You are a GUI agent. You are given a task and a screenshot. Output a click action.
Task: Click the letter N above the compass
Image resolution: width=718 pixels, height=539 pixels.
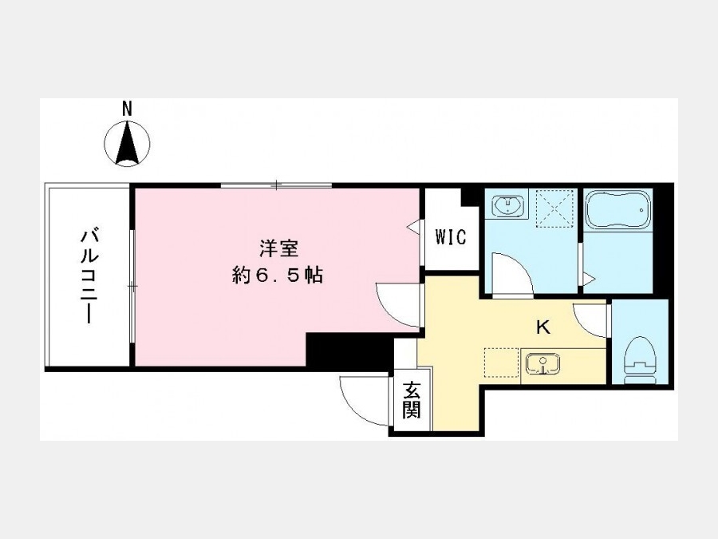click(x=127, y=109)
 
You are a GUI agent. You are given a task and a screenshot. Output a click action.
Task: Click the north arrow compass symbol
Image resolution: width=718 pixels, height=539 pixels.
click(x=128, y=143)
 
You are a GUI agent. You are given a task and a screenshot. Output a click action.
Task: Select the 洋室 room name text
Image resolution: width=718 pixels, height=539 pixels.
click(x=279, y=249)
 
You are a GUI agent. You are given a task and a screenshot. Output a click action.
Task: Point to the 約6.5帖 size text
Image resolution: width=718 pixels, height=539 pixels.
click(x=278, y=275)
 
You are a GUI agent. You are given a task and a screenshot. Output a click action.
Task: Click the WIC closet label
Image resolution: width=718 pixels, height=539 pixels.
click(x=451, y=237)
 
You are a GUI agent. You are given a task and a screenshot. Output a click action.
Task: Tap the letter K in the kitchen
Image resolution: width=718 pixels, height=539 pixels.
click(x=543, y=327)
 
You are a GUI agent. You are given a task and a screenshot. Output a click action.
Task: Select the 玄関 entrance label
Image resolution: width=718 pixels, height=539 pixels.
click(x=411, y=400)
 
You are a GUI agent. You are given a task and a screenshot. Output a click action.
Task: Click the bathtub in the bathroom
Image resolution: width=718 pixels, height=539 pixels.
click(x=618, y=209)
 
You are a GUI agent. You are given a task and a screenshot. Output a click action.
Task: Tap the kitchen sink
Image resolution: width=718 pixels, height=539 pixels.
click(x=542, y=363)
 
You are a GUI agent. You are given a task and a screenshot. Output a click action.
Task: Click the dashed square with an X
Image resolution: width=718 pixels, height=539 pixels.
click(x=555, y=208)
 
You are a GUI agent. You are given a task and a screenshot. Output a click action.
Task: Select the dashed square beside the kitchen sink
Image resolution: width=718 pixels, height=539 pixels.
click(x=502, y=363)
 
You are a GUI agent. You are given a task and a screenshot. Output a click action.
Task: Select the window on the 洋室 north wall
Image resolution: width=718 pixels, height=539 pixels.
click(x=277, y=185)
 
